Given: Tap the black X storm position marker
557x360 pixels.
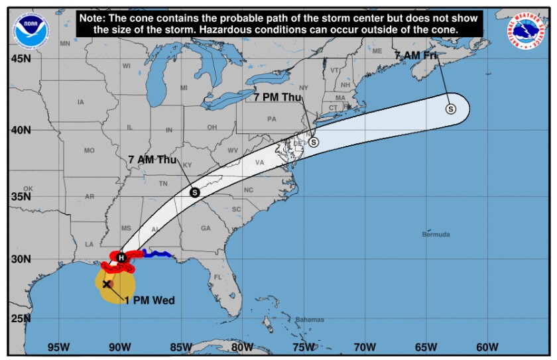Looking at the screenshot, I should coord(106,284).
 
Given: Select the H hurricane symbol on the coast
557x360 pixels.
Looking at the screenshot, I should coord(121,257).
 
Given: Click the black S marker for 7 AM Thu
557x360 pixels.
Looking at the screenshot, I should coord(195,192).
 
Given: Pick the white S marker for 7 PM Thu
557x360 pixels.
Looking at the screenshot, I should coord(314,142).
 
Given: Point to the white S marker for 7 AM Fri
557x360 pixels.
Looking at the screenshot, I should coord(450,109).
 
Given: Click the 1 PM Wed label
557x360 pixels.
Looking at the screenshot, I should coord(150,300).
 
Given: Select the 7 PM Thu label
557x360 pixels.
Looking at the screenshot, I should coord(278,97).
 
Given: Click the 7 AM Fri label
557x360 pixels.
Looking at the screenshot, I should coord(416,56).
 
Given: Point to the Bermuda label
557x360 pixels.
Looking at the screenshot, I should coord(436,235).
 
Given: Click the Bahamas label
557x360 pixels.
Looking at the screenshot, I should coord(310,320).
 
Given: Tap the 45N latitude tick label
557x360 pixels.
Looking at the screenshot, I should coord(21,58).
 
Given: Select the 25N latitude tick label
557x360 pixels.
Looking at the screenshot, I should coord(21,318).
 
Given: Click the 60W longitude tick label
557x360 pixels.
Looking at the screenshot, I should coord(487,346).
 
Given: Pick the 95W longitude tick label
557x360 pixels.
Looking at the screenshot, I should coord(58,346).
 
